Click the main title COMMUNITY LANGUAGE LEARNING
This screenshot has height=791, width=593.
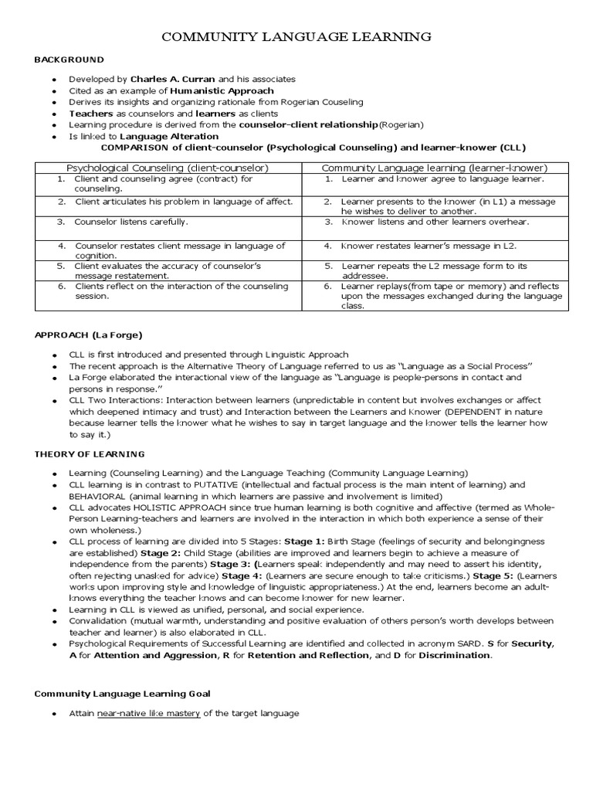pyautogui.click(x=296, y=37)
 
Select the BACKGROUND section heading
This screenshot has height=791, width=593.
pyautogui.click(x=69, y=59)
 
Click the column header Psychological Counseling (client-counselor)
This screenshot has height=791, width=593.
pyautogui.click(x=167, y=168)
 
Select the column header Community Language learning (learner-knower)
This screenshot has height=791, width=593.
pyautogui.click(x=434, y=168)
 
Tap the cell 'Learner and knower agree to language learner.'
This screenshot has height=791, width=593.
pyautogui.click(x=442, y=179)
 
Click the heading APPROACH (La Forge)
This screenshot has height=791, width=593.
pyautogui.click(x=89, y=335)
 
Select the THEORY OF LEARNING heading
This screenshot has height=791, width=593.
pyautogui.click(x=90, y=453)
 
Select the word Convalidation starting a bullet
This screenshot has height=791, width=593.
pyautogui.click(x=97, y=620)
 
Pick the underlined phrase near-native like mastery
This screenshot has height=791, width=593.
pyautogui.click(x=148, y=713)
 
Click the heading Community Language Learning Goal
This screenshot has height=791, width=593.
pyautogui.click(x=122, y=694)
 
